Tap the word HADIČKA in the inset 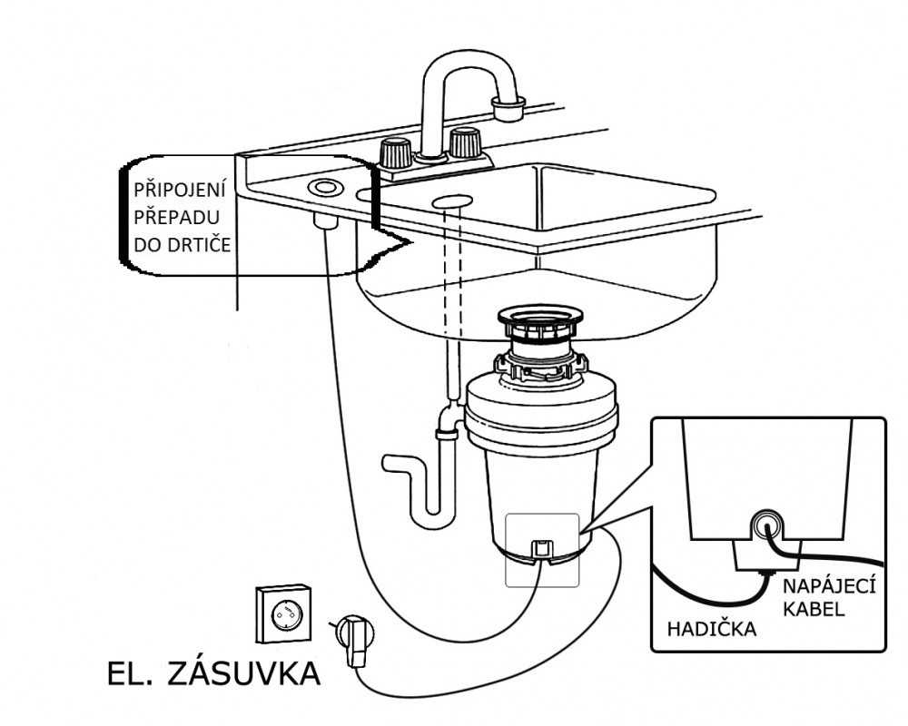713,628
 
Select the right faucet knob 465,142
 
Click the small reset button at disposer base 541,547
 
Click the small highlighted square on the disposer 541,548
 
